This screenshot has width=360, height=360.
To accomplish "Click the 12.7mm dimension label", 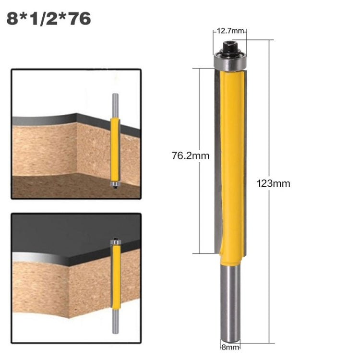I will click(229, 31).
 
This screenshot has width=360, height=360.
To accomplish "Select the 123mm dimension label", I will click(274, 183).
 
